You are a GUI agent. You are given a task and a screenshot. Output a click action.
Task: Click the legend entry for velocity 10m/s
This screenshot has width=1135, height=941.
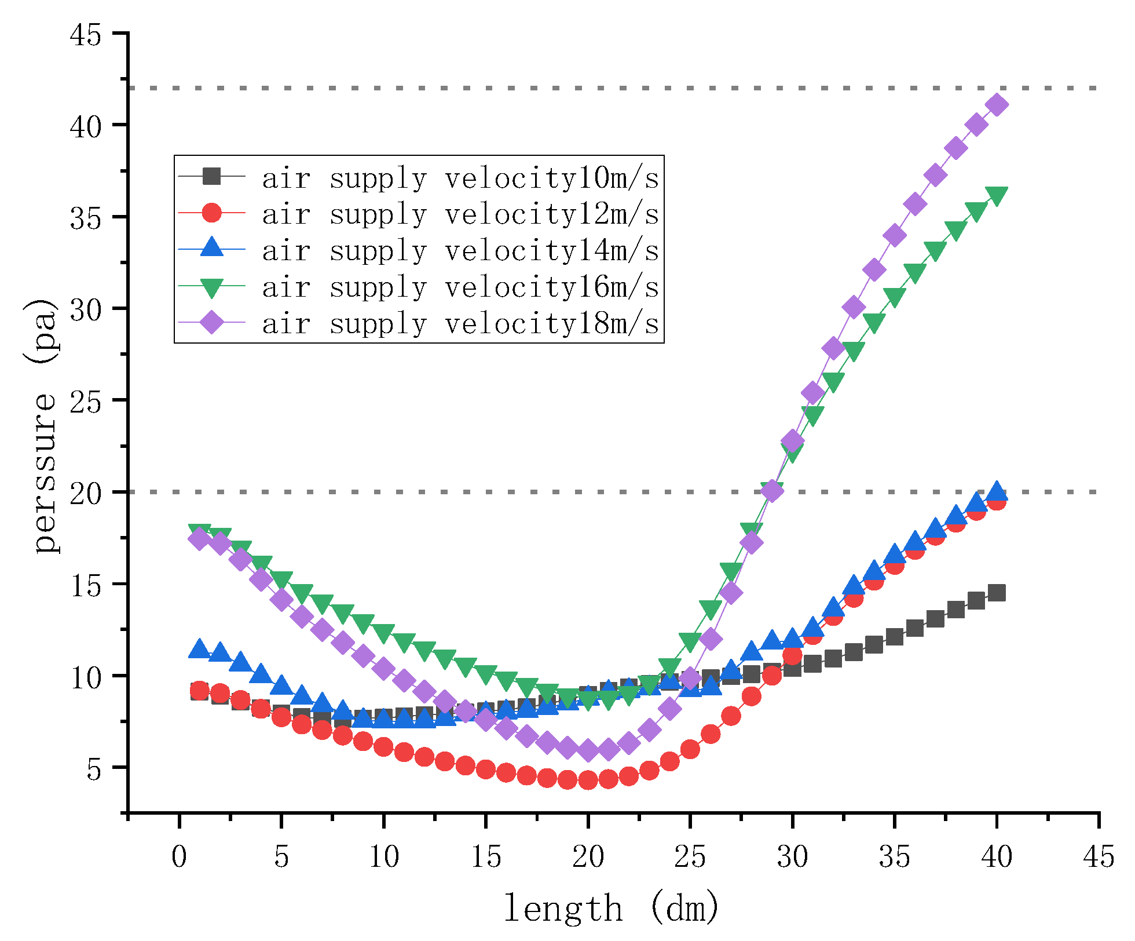pos(460,177)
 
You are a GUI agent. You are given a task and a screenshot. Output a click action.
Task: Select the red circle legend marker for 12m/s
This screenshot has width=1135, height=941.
pos(212,213)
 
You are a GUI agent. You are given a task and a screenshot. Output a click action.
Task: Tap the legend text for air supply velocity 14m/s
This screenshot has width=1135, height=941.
pos(460,250)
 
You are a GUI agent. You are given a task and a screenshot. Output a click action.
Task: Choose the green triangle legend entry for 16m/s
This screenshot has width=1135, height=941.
pos(212,287)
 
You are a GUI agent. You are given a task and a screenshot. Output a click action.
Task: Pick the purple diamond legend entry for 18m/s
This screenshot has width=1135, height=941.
pos(212,323)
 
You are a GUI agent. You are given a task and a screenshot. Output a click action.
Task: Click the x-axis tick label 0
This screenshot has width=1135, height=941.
pos(180,856)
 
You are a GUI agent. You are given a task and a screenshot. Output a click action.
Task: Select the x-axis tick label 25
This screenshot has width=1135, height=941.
pos(690,856)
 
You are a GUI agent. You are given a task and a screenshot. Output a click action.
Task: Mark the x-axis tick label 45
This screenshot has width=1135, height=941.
pos(1099,856)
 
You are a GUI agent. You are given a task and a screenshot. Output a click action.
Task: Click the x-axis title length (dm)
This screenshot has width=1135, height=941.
pos(611,907)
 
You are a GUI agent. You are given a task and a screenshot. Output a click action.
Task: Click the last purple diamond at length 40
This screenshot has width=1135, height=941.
pos(997,105)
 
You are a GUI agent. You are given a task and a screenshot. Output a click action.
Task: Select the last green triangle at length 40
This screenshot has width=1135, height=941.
pos(997,195)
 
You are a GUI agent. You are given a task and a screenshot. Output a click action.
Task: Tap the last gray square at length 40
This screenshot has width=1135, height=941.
pos(997,593)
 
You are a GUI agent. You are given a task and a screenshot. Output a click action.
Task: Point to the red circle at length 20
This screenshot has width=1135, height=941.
pos(588,780)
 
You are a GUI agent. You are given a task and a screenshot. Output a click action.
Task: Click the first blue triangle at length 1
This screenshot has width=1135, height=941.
pos(200,650)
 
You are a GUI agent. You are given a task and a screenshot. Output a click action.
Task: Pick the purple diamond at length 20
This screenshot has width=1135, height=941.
pos(588,750)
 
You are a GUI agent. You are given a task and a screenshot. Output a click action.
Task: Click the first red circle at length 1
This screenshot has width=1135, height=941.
pos(200,690)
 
